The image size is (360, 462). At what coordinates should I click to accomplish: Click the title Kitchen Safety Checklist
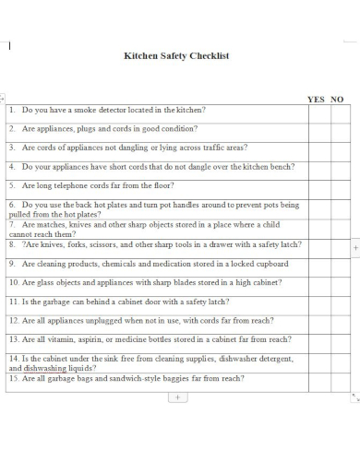176,55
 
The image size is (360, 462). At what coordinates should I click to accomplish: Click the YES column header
316,99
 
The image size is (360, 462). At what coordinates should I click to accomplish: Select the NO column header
337,99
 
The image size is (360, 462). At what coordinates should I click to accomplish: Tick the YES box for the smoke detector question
316,110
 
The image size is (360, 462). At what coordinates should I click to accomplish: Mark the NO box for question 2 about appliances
339,129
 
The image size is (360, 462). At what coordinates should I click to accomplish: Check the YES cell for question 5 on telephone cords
316,186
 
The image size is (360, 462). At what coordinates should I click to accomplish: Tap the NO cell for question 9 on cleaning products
339,264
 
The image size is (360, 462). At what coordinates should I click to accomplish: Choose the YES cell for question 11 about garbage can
316,302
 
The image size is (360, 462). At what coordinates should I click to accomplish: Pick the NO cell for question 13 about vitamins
339,340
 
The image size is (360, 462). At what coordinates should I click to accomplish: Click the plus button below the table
177,397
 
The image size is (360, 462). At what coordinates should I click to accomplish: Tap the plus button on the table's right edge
355,248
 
